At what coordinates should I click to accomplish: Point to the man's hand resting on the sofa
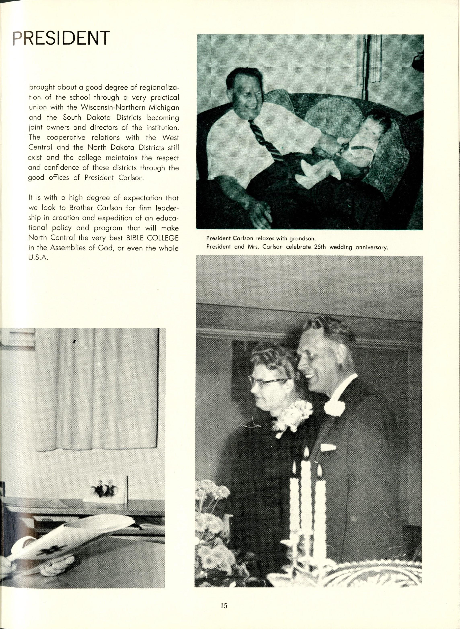(258, 212)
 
